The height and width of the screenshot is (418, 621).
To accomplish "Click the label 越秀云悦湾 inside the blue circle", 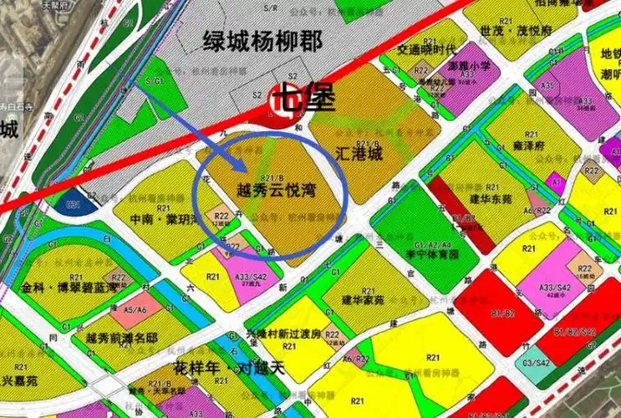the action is click(x=268, y=191).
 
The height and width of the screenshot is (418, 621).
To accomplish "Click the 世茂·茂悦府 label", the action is click(x=516, y=29).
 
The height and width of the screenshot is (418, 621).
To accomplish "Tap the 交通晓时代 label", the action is click(x=425, y=48).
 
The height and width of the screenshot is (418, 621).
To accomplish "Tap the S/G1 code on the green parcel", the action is click(x=155, y=81).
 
